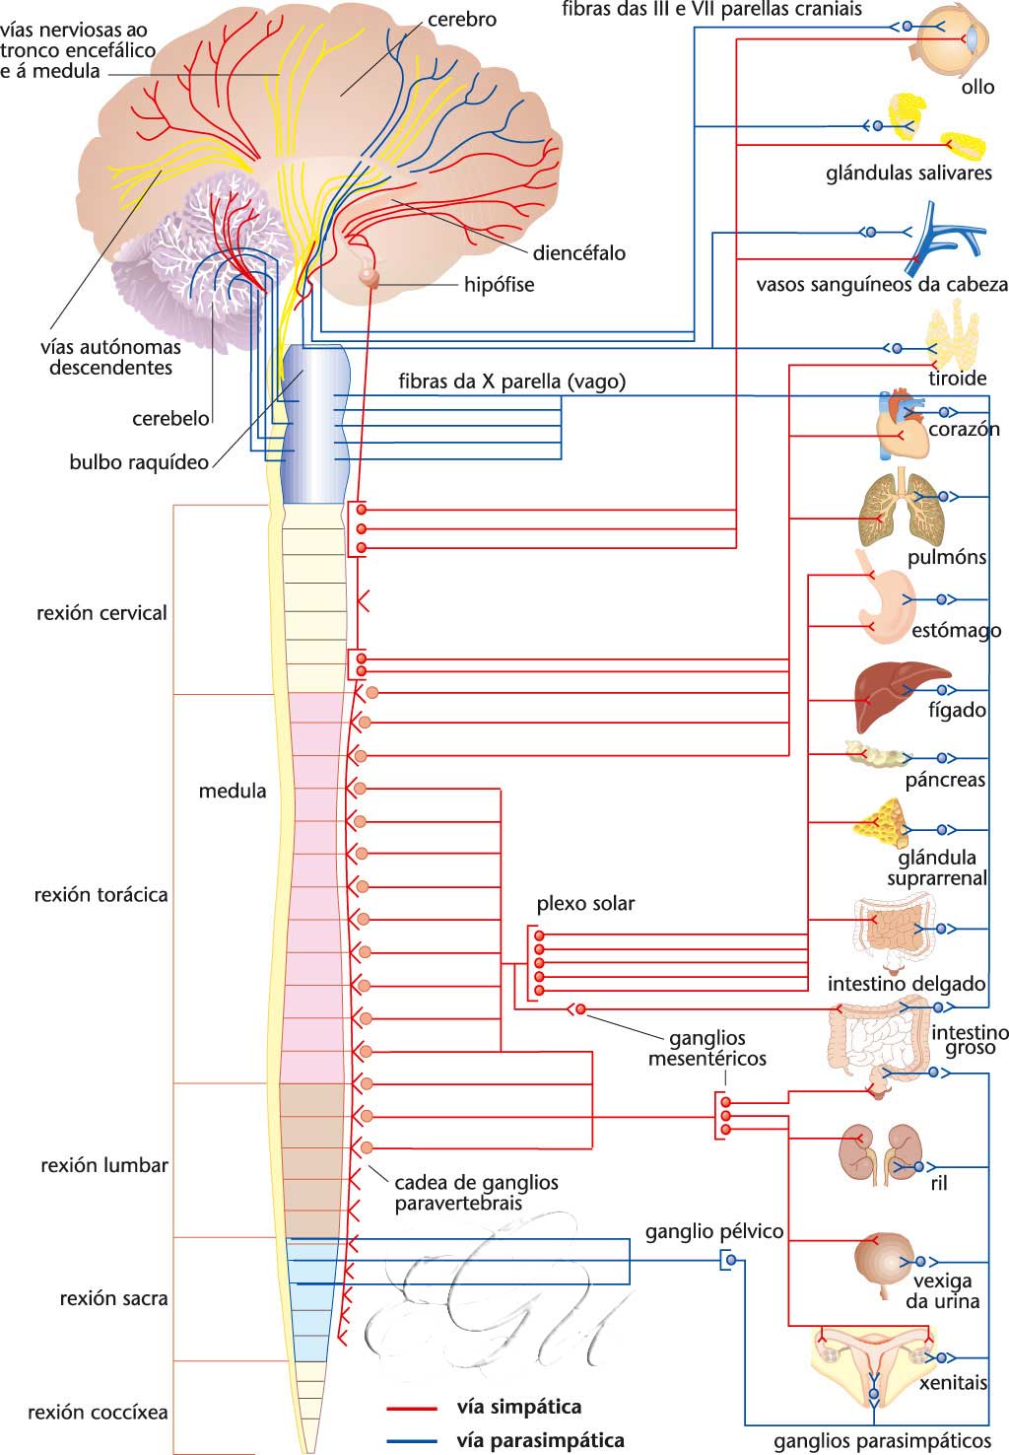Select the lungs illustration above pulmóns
click(899, 508)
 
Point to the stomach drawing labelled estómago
click(885, 596)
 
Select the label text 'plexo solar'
click(585, 903)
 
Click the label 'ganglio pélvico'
click(714, 1231)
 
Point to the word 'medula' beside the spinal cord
click(233, 791)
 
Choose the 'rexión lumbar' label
click(104, 1165)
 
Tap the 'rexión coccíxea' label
click(98, 1412)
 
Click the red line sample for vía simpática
click(412, 1408)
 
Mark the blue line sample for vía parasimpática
click(412, 1441)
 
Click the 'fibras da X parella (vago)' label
click(511, 381)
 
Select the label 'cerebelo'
click(170, 418)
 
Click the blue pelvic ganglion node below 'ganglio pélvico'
click(730, 1260)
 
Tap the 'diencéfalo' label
click(578, 252)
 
